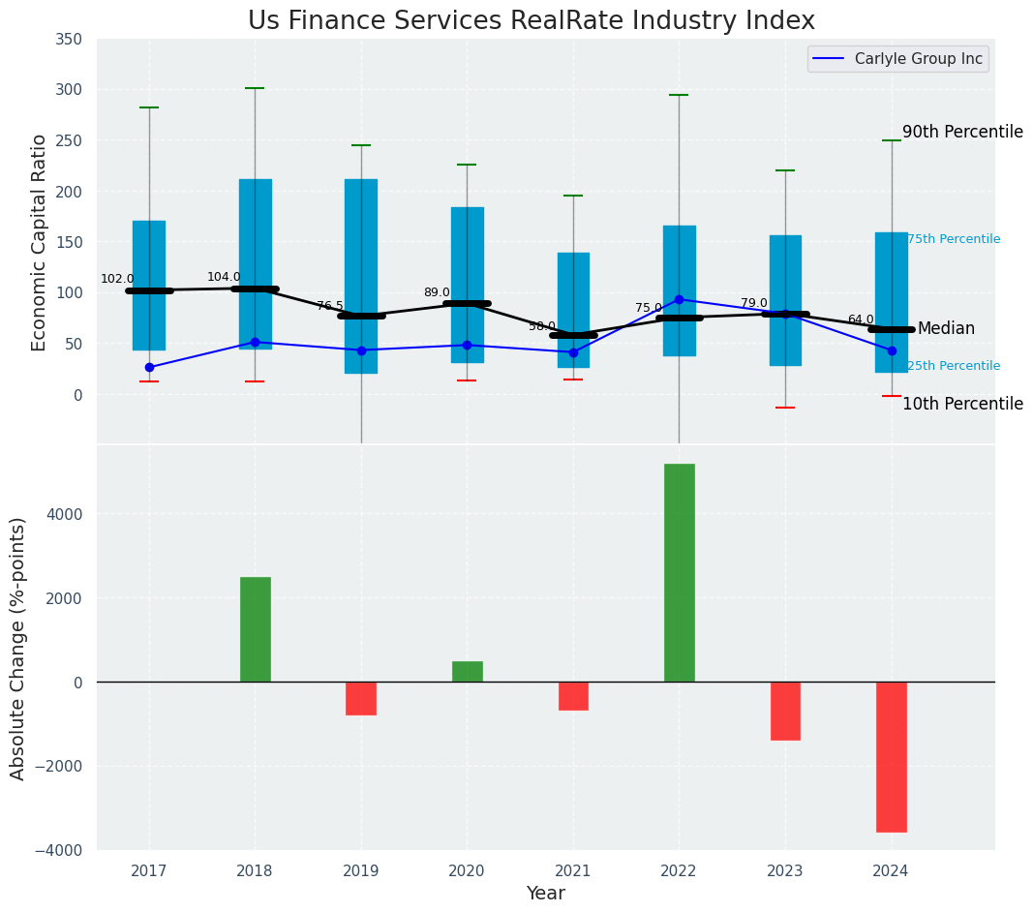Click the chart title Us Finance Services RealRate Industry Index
[x=531, y=21]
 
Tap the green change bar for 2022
[x=679, y=572]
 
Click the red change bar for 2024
[x=891, y=756]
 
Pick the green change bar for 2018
[x=255, y=629]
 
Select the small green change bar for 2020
[x=467, y=671]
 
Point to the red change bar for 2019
[x=361, y=698]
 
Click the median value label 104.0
[x=224, y=278]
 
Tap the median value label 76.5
[x=330, y=306]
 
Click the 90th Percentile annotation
[x=962, y=133]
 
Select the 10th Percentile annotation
[x=962, y=405]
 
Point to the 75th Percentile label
[x=954, y=240]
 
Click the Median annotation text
[x=946, y=329]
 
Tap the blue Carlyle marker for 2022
[x=679, y=299]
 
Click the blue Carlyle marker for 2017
[x=149, y=368]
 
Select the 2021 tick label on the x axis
[x=572, y=871]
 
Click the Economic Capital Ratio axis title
[x=40, y=242]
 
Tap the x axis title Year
[x=545, y=894]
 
